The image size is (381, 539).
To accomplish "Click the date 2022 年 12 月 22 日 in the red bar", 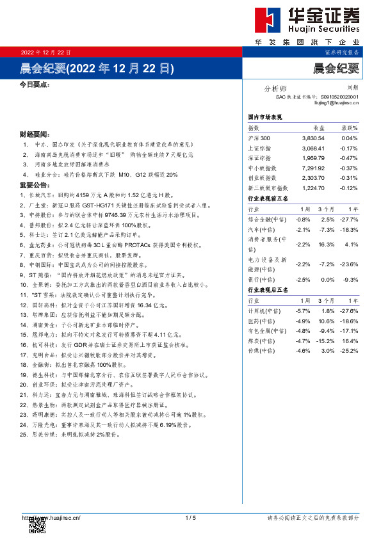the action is tap(46, 52).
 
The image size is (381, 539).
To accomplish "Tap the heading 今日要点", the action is tap(34, 84).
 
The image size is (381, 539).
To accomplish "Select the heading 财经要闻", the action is tap(34, 135).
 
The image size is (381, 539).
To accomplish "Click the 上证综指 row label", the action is tap(260, 148).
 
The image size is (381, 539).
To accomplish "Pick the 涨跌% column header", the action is tap(349, 129).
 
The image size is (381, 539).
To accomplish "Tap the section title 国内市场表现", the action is tap(265, 118).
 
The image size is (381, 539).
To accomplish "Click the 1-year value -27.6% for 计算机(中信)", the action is tap(349, 310).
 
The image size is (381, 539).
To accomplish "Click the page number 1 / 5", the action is tap(190, 517).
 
